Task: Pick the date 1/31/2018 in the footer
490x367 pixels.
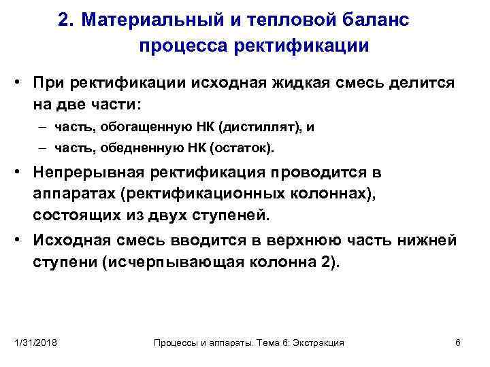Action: [x=35, y=343]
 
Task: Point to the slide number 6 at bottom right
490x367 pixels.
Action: [x=458, y=343]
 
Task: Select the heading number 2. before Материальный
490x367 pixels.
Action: [x=66, y=20]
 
